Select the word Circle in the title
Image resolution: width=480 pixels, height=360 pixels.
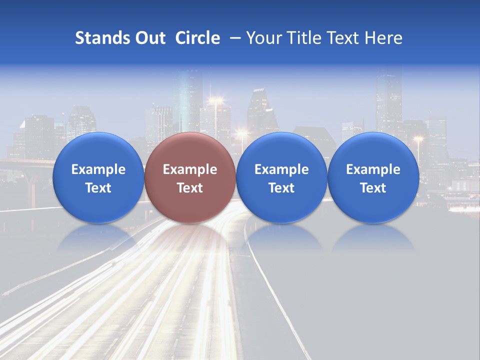[x=197, y=38]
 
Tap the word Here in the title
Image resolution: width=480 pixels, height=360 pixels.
[x=384, y=38]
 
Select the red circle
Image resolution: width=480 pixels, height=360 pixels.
[x=189, y=177]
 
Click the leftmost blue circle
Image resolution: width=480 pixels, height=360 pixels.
[x=98, y=177]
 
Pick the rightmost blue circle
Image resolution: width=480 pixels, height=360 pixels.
[x=373, y=177]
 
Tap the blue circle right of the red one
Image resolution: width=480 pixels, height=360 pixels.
[x=281, y=177]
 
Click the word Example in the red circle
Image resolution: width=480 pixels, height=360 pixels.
[x=190, y=169]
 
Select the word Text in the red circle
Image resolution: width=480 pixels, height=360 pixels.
[x=190, y=188]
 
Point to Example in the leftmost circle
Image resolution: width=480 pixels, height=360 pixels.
[x=98, y=169]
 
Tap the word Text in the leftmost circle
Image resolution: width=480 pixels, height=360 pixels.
[x=98, y=188]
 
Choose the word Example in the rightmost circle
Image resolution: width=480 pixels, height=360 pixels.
[x=373, y=169]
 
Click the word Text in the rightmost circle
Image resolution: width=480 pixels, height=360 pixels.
[x=373, y=188]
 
